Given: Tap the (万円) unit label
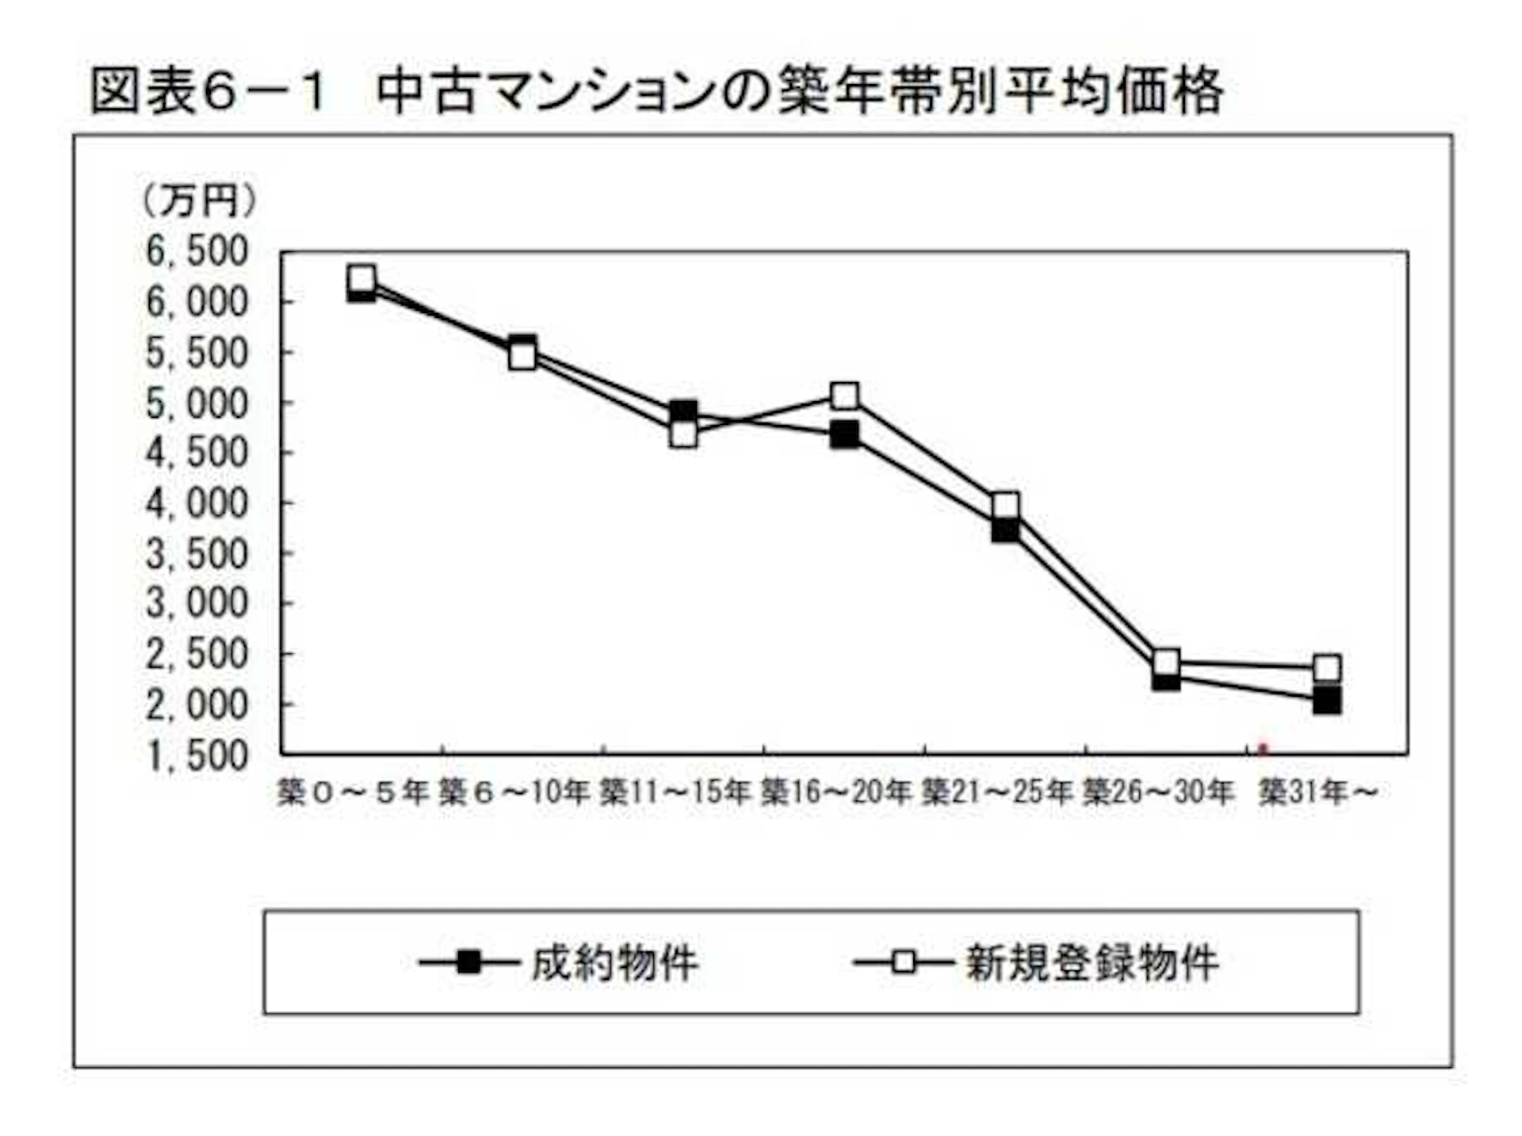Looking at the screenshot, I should pos(199,201).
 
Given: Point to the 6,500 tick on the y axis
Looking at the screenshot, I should pos(197,251).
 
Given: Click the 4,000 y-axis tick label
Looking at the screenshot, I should pos(197,503).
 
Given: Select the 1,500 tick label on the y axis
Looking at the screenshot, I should pos(197,755).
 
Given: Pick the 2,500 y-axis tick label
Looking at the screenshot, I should pos(197,655).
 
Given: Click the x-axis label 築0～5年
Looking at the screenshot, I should pos(354,791).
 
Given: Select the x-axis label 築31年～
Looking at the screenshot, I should pos(1318,791).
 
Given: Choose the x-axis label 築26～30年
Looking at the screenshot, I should pos(1158,791).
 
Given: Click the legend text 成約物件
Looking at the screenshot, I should pos(614,963).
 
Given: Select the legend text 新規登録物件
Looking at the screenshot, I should pos(1092,963).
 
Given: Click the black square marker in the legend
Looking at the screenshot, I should pos(469,962).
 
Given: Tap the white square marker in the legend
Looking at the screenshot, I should pos(904,962).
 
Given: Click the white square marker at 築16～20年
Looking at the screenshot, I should pos(845,395).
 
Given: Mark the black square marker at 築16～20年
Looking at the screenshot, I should pos(845,434).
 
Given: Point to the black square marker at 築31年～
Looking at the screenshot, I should pos(1327,701).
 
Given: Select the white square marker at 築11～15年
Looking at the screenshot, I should pos(683,434).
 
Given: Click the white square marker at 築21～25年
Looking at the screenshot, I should pos(1005,505).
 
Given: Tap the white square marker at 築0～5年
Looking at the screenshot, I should pos(361,278).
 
